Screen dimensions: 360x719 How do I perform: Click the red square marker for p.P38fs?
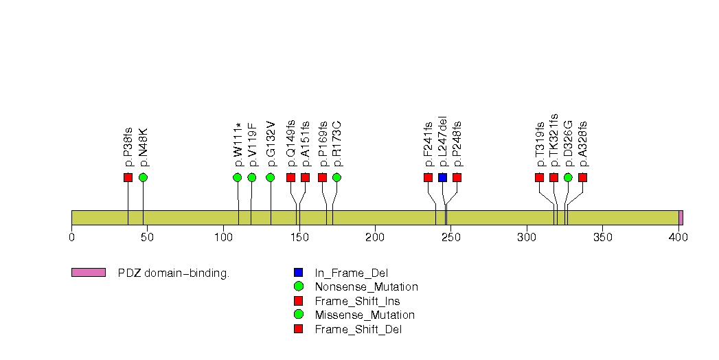pos(128,177)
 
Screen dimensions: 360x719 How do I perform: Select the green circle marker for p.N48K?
pos(143,177)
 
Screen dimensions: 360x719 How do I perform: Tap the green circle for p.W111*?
pos(238,177)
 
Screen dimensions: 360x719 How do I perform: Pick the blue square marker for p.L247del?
pos(442,177)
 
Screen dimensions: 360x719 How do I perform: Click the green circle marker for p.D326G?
pos(568,177)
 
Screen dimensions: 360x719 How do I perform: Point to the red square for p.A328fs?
pos(582,177)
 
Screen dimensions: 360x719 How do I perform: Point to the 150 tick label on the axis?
pos(299,238)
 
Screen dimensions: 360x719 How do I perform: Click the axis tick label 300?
pos(527,238)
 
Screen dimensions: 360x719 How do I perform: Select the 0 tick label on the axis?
pos(71,238)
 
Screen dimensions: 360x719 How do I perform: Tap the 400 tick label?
pos(678,238)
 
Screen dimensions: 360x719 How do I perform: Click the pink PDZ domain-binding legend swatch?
pos(88,273)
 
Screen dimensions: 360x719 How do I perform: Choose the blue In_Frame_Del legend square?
pos(298,273)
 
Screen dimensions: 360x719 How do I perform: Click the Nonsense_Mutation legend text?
pos(366,286)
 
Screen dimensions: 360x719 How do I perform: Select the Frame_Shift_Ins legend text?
pos(357,301)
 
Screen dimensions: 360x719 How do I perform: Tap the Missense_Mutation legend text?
pos(365,315)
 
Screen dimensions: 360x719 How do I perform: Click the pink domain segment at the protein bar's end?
pos(681,217)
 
